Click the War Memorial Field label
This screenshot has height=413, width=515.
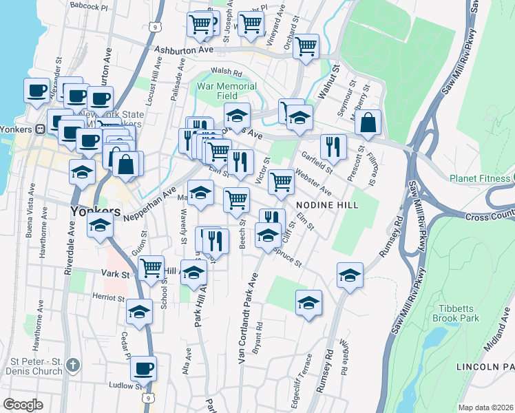click(227, 92)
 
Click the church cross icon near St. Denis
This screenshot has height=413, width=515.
click(74, 362)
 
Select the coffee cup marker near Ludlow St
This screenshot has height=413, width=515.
click(143, 368)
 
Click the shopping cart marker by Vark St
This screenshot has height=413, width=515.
click(151, 267)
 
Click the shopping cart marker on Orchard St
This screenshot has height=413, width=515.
click(306, 45)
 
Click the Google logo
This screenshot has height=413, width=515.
click(23, 405)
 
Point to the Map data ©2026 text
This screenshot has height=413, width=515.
click(485, 407)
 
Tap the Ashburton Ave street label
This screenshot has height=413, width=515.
click(184, 50)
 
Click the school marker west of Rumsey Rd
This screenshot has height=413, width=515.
click(350, 275)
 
